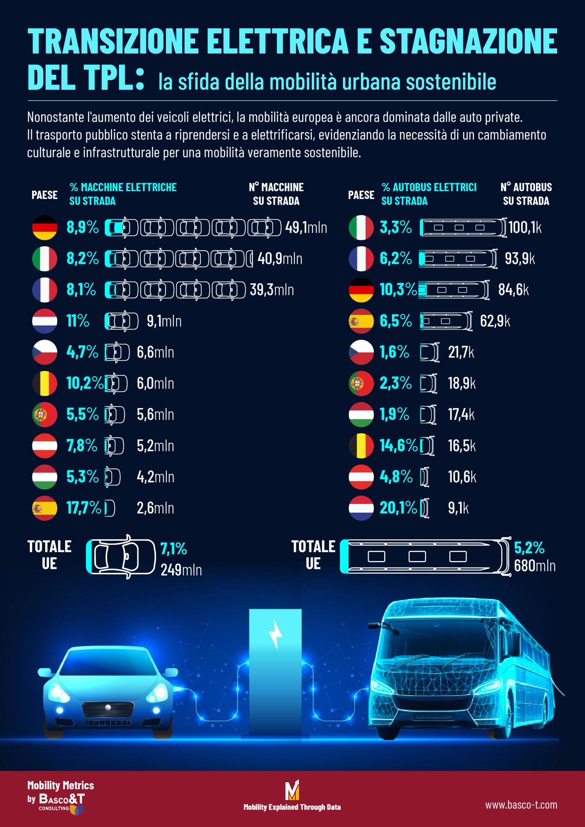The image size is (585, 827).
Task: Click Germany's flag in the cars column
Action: (45, 228)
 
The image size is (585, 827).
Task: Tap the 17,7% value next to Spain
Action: (84, 508)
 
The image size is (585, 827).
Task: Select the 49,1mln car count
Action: (306, 228)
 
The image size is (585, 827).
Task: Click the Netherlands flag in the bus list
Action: (361, 508)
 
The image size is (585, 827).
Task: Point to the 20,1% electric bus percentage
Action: (398, 508)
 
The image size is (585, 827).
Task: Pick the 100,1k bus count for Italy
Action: (525, 228)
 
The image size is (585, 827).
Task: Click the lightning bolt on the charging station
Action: (276, 634)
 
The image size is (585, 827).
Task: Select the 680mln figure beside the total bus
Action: (535, 566)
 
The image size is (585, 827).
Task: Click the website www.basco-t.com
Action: (521, 805)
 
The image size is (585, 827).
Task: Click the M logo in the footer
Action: (292, 790)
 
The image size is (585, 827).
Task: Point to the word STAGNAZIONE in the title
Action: (468, 41)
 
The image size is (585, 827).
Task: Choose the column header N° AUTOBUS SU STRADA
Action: (526, 194)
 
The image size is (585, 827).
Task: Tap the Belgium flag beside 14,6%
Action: (361, 446)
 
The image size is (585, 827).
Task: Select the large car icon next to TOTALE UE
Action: (121, 557)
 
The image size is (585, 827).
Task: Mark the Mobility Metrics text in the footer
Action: (60, 785)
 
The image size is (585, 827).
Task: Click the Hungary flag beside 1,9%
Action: (361, 414)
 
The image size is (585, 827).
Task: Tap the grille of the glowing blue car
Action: (108, 709)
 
